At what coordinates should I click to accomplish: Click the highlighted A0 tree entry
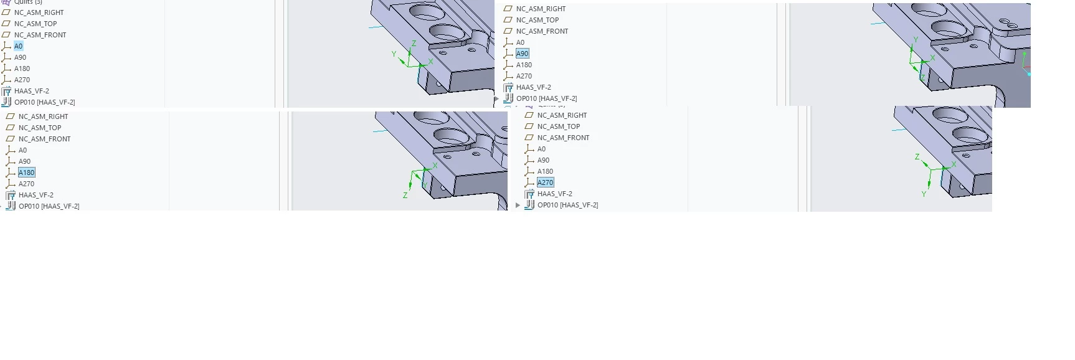(19, 46)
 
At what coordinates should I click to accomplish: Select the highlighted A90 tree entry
(523, 54)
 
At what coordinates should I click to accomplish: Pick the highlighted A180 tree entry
(27, 173)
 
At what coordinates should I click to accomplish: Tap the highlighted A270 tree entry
(546, 182)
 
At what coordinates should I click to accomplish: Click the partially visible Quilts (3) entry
(28, 2)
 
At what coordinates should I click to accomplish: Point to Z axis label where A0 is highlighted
(414, 44)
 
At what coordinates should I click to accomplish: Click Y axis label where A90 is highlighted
(916, 39)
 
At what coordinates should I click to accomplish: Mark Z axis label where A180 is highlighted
(405, 195)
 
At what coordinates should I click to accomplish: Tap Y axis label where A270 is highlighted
(924, 194)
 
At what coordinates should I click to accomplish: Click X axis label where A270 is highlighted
(954, 164)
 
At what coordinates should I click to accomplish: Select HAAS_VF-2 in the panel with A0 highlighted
(32, 91)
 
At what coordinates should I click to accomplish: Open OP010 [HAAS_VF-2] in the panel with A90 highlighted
(547, 98)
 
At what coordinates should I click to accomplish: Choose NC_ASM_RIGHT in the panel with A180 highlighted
(44, 116)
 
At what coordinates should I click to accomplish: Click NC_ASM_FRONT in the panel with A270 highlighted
(564, 138)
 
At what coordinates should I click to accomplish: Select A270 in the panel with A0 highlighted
(22, 80)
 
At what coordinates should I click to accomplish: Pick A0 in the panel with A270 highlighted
(542, 149)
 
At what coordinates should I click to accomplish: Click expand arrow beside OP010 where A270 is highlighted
(518, 205)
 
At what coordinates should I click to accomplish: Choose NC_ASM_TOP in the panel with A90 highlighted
(537, 20)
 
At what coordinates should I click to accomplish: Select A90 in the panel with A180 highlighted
(25, 161)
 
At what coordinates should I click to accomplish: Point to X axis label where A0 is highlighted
(430, 62)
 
